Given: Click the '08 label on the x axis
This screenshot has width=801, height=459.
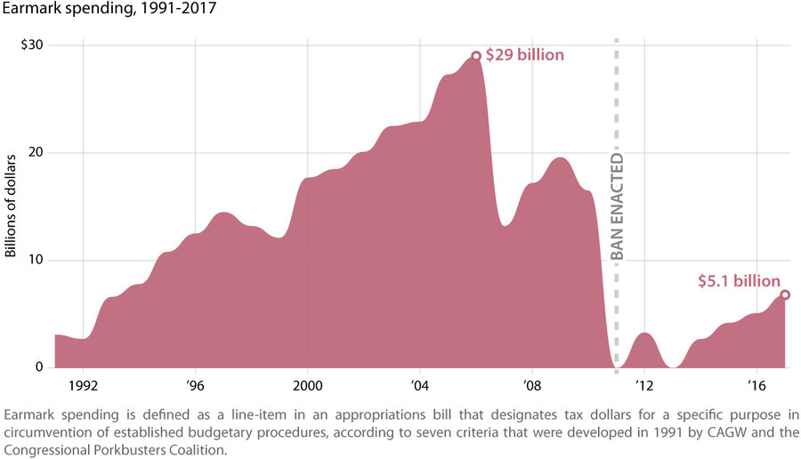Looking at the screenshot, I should (x=531, y=385).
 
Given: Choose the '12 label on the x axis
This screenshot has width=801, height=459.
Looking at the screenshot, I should (x=643, y=385).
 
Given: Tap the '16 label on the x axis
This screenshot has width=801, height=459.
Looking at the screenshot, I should (x=756, y=385).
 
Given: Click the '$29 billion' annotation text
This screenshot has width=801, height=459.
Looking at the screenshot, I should (x=524, y=55).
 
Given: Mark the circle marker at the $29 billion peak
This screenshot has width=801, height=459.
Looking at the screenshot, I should (x=476, y=56).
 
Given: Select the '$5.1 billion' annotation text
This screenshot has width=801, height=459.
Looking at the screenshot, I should (x=739, y=281).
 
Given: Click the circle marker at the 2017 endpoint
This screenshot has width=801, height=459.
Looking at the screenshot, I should (x=784, y=294).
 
